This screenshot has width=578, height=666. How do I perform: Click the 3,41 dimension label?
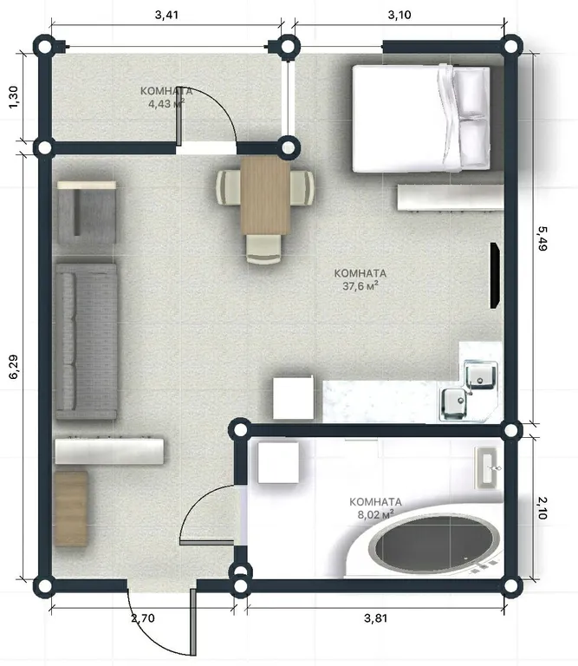166,15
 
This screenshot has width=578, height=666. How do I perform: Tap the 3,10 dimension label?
399,15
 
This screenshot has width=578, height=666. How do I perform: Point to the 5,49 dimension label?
542,238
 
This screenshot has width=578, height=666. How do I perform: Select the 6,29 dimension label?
14,367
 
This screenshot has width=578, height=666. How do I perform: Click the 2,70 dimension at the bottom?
143,617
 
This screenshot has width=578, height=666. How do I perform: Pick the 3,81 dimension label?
375,617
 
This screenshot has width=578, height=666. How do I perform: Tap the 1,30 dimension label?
14,97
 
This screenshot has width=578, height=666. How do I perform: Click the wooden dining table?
265,195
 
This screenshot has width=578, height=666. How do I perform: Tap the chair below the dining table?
263,249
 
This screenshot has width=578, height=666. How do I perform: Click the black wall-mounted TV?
495,275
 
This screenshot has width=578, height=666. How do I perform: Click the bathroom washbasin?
487,467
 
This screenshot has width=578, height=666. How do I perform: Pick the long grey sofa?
86,341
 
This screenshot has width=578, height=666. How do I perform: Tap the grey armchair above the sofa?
87,212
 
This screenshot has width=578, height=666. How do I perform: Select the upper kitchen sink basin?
480,375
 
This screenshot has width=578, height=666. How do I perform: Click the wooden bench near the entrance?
71,508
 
